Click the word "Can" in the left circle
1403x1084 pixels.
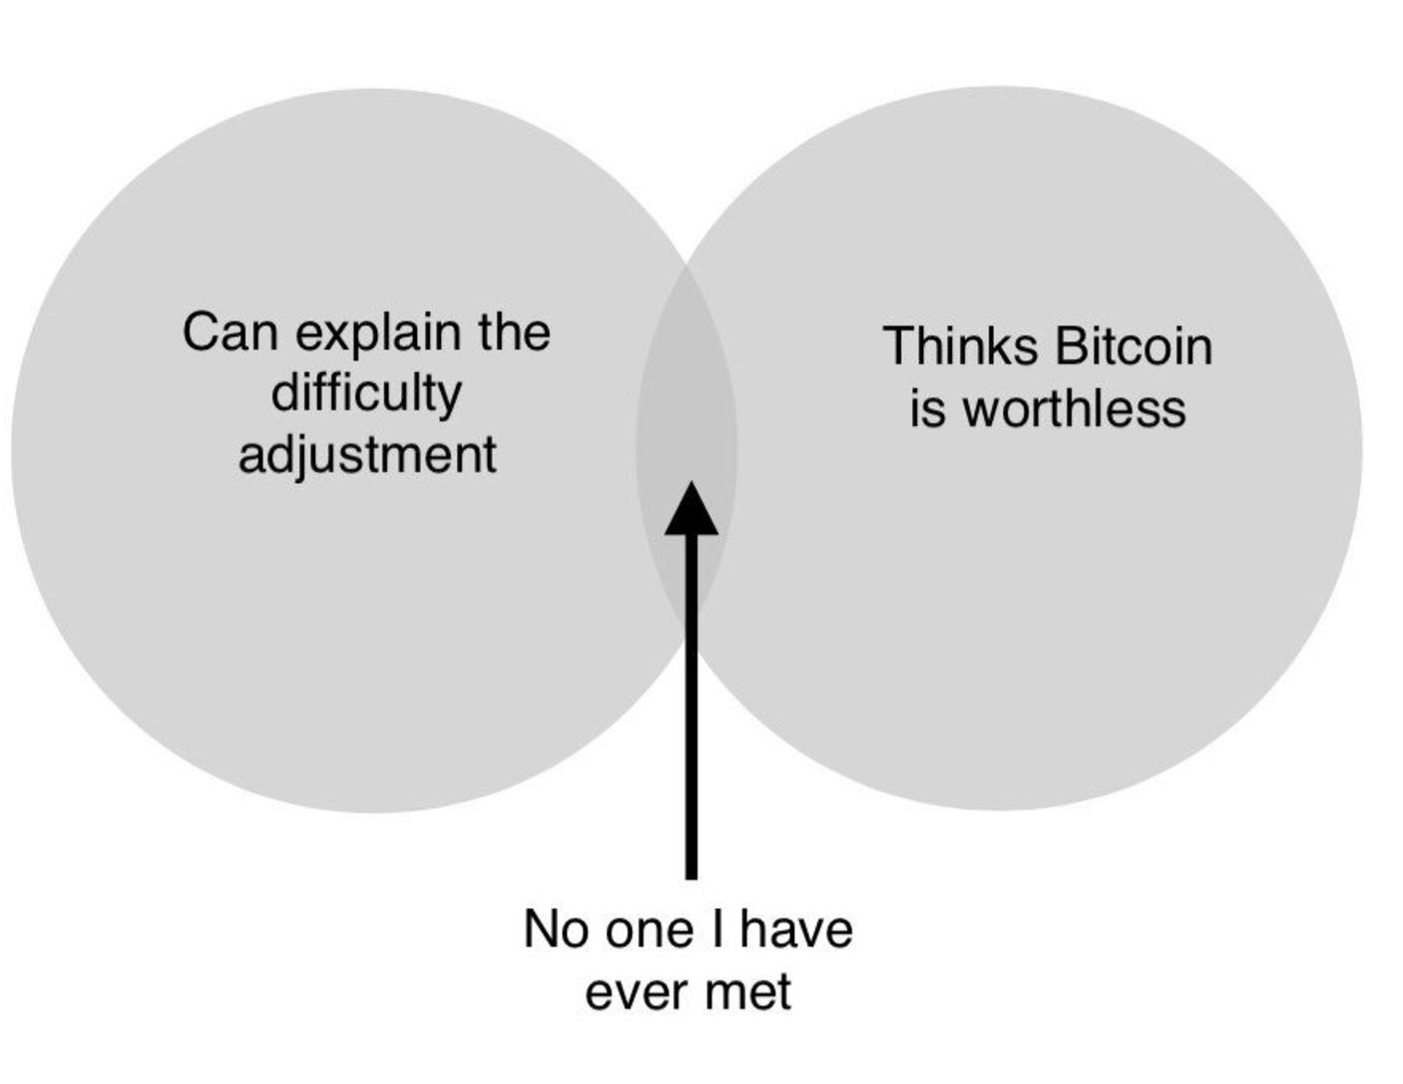tap(229, 332)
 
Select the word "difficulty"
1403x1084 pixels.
tap(366, 393)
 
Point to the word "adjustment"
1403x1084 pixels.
tap(367, 455)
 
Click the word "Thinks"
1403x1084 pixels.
tap(960, 346)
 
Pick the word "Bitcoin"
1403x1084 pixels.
tap(1133, 346)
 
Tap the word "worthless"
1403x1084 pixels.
tap(1075, 408)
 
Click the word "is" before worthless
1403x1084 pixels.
tap(926, 408)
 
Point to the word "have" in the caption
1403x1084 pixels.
tap(796, 929)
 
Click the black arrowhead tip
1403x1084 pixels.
tap(691, 484)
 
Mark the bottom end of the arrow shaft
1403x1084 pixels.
tap(691, 876)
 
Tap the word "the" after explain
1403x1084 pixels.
tap(514, 332)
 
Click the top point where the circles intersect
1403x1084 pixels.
tap(688, 268)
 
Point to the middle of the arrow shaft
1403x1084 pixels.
tap(691, 704)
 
